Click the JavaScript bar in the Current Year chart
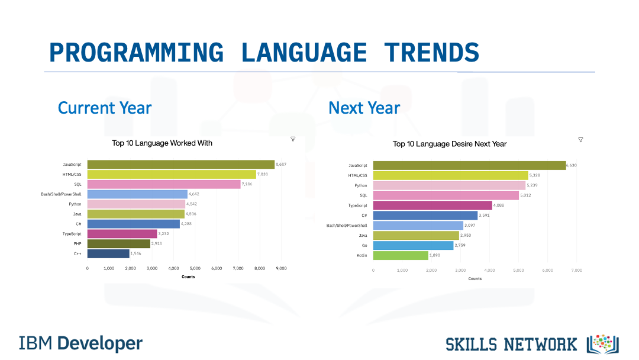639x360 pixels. (x=180, y=165)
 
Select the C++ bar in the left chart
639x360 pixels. (x=108, y=253)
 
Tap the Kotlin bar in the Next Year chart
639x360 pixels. (x=401, y=256)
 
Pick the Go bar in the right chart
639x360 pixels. (x=413, y=245)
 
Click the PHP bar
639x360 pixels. (x=119, y=243)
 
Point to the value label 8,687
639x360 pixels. (x=281, y=164)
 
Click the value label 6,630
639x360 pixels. (x=571, y=165)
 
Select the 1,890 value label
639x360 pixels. (x=436, y=256)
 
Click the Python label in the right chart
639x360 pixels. (x=360, y=185)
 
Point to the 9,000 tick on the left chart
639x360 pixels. (x=281, y=268)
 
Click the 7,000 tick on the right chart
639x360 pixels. (x=576, y=270)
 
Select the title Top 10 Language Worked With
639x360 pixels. (x=162, y=143)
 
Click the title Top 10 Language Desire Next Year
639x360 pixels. (x=450, y=144)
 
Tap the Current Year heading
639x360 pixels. (x=105, y=108)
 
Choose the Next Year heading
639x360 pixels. (x=364, y=108)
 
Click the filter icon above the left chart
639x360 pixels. (x=293, y=139)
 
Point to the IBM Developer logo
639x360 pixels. (x=80, y=343)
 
